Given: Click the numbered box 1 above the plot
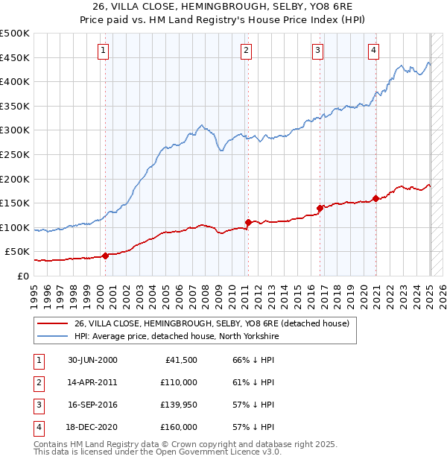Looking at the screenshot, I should click(102, 51).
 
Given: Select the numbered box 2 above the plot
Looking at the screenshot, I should click(246, 51).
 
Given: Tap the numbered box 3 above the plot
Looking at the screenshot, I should click(317, 51).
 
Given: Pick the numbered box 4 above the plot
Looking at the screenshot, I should click(373, 51).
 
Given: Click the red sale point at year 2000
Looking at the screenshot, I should click(105, 256).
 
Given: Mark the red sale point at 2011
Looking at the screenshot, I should click(247, 222).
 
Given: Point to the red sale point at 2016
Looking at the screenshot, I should click(320, 208).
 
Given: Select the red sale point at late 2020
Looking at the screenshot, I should click(376, 198).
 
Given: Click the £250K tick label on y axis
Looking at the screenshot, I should click(15, 154).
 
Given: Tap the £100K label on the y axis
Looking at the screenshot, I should click(15, 227).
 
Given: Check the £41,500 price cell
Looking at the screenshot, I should click(181, 359).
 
